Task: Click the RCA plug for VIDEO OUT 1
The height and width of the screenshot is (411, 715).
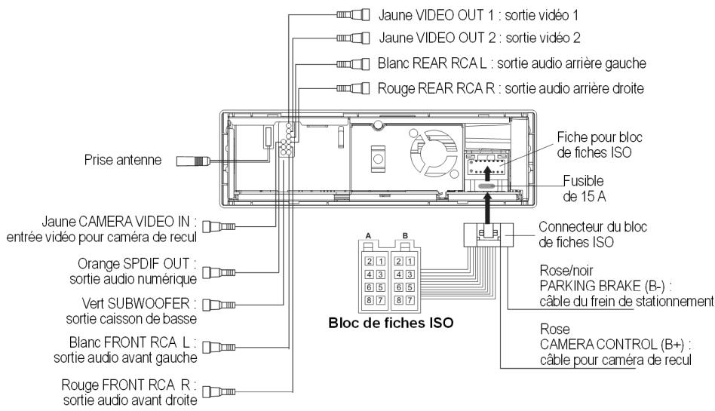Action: pyautogui.click(x=354, y=14)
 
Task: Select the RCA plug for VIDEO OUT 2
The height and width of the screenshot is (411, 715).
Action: pyautogui.click(x=354, y=38)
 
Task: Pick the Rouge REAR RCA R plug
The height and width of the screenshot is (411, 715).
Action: pyautogui.click(x=354, y=88)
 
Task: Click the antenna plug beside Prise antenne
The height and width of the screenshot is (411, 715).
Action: pyautogui.click(x=193, y=161)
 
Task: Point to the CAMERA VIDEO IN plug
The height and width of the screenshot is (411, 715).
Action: pyautogui.click(x=219, y=225)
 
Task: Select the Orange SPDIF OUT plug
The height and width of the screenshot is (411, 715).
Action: pyautogui.click(x=219, y=273)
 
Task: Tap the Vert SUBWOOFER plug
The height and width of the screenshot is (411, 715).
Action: pyautogui.click(x=219, y=304)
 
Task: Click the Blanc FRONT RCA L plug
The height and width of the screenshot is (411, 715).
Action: pyautogui.click(x=219, y=348)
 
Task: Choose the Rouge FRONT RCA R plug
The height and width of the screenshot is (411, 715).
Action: pyautogui.click(x=219, y=391)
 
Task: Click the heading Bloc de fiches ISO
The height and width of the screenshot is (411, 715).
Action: pyautogui.click(x=391, y=323)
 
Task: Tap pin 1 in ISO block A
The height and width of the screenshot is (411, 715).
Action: pyautogui.click(x=380, y=262)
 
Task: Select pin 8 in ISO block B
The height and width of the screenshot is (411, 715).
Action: pyautogui.click(x=399, y=300)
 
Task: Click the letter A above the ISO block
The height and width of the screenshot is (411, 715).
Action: pyautogui.click(x=369, y=236)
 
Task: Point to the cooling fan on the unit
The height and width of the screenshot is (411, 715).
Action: pyautogui.click(x=433, y=152)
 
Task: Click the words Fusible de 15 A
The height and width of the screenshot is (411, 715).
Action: pyautogui.click(x=584, y=189)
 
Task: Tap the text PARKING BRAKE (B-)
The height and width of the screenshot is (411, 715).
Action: pyautogui.click(x=606, y=286)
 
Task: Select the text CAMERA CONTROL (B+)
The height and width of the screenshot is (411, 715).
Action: pyautogui.click(x=615, y=345)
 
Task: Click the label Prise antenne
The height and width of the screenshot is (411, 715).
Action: pyautogui.click(x=123, y=160)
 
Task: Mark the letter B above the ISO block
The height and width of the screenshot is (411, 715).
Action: pyautogui.click(x=405, y=236)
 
